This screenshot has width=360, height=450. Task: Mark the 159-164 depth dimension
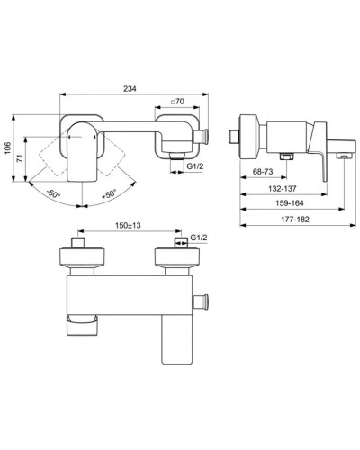[x=292, y=203]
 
